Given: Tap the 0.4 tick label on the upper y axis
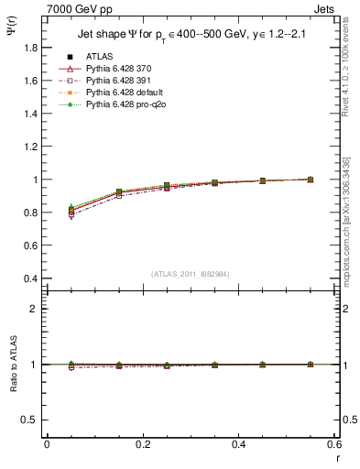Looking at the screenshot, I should [32, 278].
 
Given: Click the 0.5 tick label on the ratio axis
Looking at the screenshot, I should [32, 420].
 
